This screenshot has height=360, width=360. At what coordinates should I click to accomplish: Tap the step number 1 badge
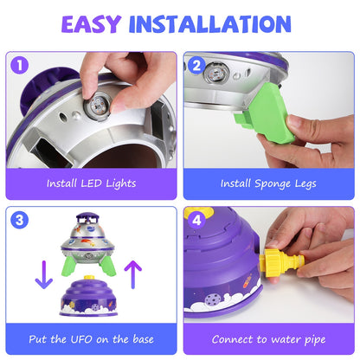click(x=19, y=64)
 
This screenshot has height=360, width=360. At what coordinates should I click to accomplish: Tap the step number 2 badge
click(x=196, y=64)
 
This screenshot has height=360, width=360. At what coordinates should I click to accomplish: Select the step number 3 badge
click(x=19, y=220)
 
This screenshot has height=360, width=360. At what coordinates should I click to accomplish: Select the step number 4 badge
click(x=196, y=220)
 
